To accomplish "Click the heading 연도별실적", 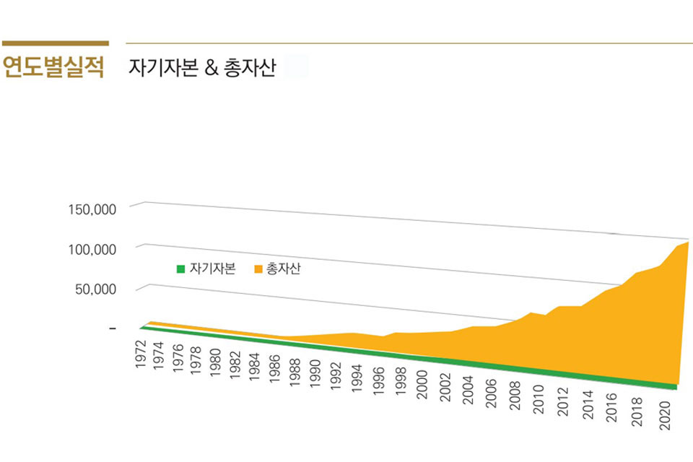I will point(53,68).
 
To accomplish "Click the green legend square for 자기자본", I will point(181,269).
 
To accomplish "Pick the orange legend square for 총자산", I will point(258,269).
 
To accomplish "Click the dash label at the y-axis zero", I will point(112,328).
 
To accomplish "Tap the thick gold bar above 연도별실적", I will point(55,43).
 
